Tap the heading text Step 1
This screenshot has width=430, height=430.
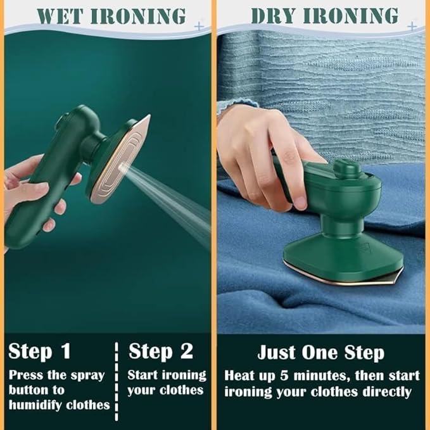pyautogui.click(x=39, y=351)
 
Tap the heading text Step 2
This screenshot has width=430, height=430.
pyautogui.click(x=160, y=351)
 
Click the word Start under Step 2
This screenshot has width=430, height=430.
pyautogui.click(x=142, y=375)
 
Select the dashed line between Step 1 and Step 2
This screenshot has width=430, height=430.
pyautogui.click(x=117, y=380)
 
